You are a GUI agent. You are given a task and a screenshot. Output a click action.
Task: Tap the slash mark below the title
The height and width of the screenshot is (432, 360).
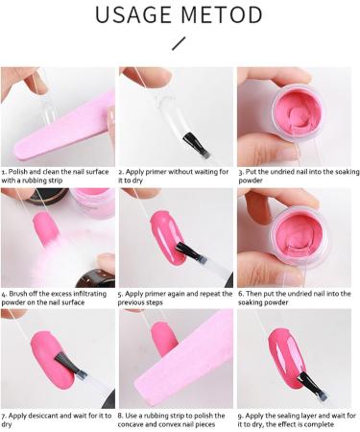tap(179, 43)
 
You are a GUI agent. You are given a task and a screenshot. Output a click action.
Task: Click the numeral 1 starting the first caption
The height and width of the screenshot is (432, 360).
tap(4, 172)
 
